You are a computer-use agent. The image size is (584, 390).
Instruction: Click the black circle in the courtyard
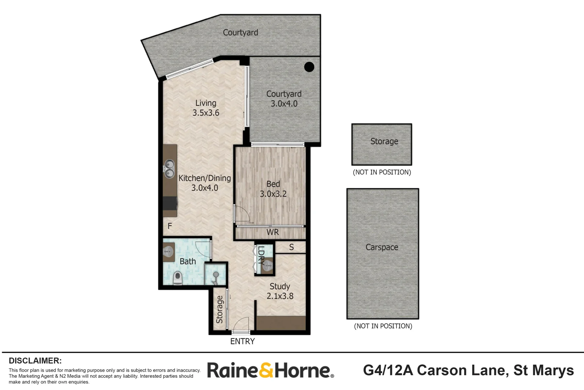(x=309, y=67)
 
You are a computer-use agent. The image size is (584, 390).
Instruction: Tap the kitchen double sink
(x=170, y=169)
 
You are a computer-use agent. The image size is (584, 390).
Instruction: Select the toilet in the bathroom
(x=178, y=278)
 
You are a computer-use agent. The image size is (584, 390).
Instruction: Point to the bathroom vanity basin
(x=168, y=252)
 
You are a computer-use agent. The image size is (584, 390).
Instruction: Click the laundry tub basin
(x=267, y=267)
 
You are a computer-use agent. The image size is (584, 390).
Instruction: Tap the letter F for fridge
(x=170, y=226)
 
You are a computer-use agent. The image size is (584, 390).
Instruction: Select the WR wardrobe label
(x=273, y=232)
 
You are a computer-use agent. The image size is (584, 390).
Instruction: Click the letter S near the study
(x=291, y=247)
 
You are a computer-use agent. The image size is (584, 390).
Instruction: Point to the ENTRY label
(x=243, y=341)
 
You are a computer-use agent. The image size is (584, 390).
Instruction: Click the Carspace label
(x=382, y=247)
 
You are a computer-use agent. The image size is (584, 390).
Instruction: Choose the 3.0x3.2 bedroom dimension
(x=273, y=194)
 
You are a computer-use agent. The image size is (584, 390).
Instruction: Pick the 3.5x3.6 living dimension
(x=206, y=113)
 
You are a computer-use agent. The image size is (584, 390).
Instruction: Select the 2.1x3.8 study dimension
(x=280, y=296)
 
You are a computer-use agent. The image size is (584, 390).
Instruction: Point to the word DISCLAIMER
(x=35, y=361)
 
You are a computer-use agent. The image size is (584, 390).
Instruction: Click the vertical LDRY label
(x=261, y=256)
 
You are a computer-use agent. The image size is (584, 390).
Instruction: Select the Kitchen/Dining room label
(x=205, y=178)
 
